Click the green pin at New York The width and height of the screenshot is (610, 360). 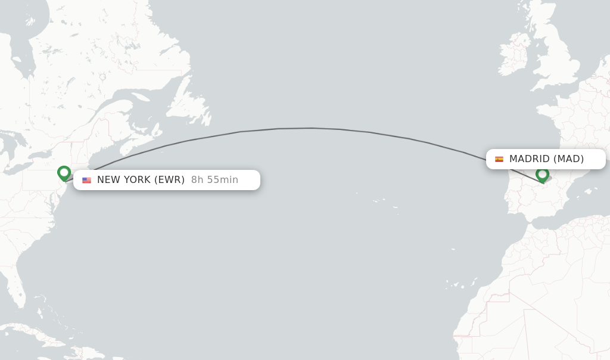click(x=64, y=173)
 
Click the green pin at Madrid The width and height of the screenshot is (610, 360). click(x=542, y=175)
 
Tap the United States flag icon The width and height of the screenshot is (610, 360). click(x=87, y=180)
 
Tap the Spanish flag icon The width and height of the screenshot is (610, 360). click(x=499, y=159)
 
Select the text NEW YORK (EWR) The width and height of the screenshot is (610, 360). click(x=141, y=180)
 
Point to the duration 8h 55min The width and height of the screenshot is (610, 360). click(x=214, y=180)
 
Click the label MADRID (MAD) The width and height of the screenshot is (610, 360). click(x=546, y=159)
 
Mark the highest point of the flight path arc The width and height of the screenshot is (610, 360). click(x=311, y=128)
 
